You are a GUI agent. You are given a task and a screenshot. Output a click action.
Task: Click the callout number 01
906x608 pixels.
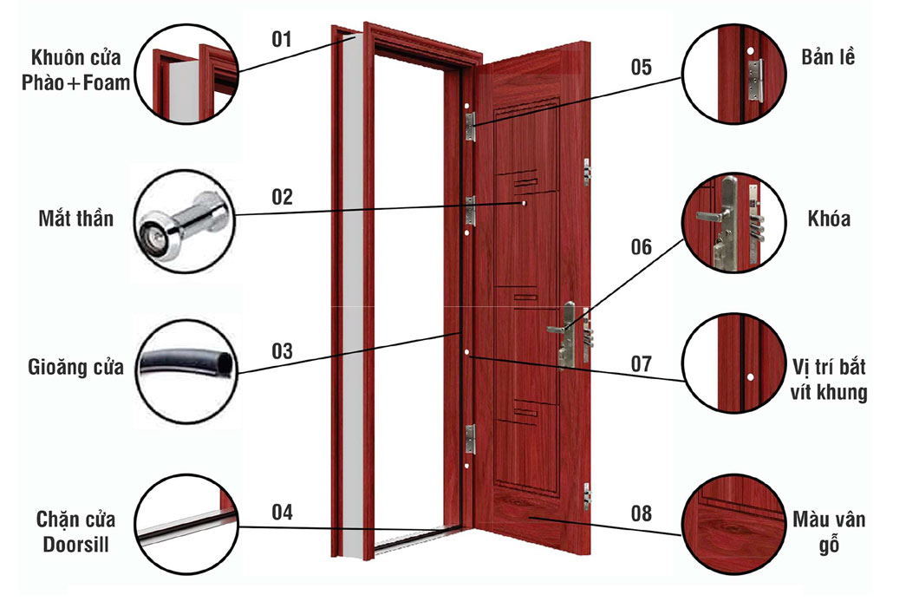(282, 39)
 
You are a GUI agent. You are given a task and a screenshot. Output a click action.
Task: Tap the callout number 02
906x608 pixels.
(282, 197)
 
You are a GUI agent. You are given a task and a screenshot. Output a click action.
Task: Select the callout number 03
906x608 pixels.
(282, 351)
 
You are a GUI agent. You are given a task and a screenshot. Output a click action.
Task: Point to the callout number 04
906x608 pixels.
(282, 512)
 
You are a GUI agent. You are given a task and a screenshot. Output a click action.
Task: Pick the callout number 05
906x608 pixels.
(641, 68)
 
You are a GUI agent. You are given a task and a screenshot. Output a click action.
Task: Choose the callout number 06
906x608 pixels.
(641, 247)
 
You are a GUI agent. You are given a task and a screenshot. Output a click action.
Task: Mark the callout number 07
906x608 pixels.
(641, 364)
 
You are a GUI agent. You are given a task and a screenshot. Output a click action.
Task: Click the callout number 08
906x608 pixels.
(641, 513)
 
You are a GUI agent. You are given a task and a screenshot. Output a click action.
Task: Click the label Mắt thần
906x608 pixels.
(75, 219)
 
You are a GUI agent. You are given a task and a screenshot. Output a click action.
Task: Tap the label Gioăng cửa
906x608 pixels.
(75, 367)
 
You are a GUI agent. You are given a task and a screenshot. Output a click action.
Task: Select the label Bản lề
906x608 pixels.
(828, 56)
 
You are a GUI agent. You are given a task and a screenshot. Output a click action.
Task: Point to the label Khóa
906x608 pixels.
(829, 219)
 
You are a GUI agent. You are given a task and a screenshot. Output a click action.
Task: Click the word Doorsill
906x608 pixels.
(75, 545)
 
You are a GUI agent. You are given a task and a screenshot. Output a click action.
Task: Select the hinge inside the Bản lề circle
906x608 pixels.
(755, 81)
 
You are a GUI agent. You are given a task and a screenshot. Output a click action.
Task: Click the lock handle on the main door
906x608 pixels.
(557, 330)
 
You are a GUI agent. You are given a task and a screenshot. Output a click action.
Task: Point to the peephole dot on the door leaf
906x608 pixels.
(524, 204)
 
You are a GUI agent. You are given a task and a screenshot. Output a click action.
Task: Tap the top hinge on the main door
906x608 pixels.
(470, 126)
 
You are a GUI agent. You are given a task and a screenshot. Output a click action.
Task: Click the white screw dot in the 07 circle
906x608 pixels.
(750, 377)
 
